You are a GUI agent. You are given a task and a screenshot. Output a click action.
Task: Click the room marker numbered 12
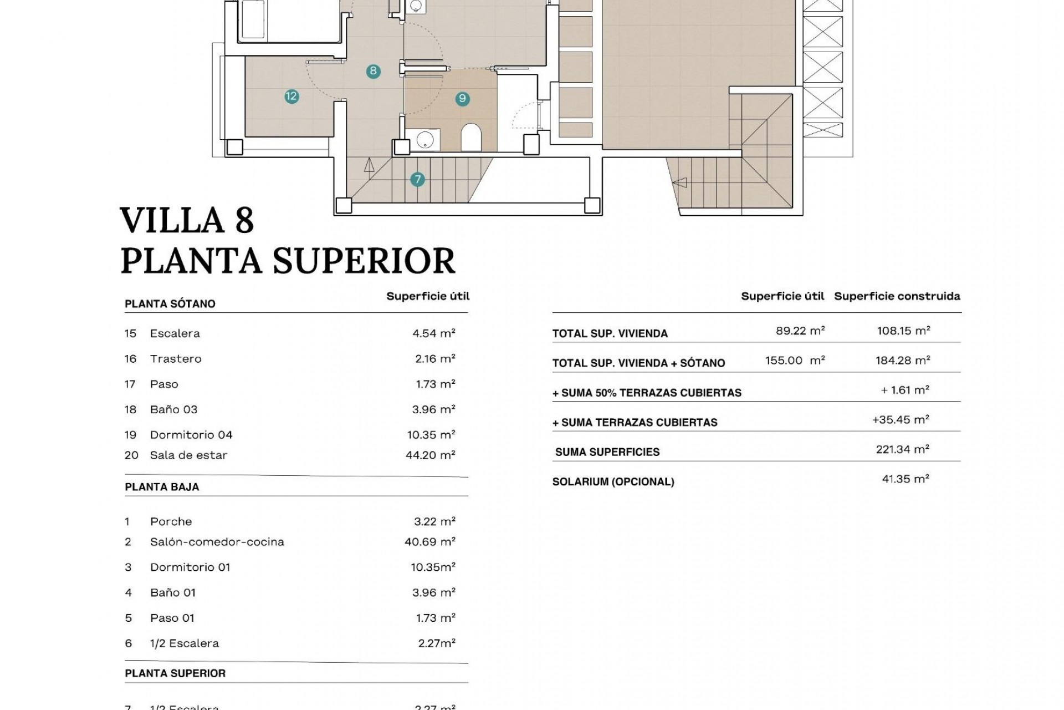coord(291,97)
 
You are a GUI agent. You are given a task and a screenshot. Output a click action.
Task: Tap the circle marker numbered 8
coord(374,71)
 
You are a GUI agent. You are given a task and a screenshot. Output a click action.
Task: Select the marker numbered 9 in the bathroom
coord(462,99)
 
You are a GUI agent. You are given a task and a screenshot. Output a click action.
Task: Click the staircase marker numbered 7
coord(417,179)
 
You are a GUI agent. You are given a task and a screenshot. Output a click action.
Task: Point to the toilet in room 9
coord(471,138)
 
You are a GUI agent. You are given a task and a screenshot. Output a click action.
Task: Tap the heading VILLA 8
coord(187,220)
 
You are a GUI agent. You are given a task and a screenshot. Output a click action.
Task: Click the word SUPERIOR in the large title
coord(364,261)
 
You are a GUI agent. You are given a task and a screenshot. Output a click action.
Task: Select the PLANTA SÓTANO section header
coord(170,304)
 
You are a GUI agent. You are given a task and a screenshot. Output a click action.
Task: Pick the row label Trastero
coord(176,359)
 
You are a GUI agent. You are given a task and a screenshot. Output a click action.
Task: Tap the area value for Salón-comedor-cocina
coord(429,542)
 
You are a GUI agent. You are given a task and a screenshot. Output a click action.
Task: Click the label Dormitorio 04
coord(191,435)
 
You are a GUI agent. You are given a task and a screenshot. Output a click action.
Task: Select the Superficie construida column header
coord(897,296)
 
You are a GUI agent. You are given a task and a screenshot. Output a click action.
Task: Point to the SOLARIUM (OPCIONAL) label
coord(613,481)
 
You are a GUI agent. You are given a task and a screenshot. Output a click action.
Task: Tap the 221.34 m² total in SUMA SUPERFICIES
coord(902,449)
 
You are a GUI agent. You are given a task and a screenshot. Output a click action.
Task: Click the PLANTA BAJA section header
coord(162,487)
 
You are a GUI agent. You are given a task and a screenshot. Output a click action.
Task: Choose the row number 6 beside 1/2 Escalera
coord(129,643)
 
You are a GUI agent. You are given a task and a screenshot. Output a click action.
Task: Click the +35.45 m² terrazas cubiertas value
coord(901,420)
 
